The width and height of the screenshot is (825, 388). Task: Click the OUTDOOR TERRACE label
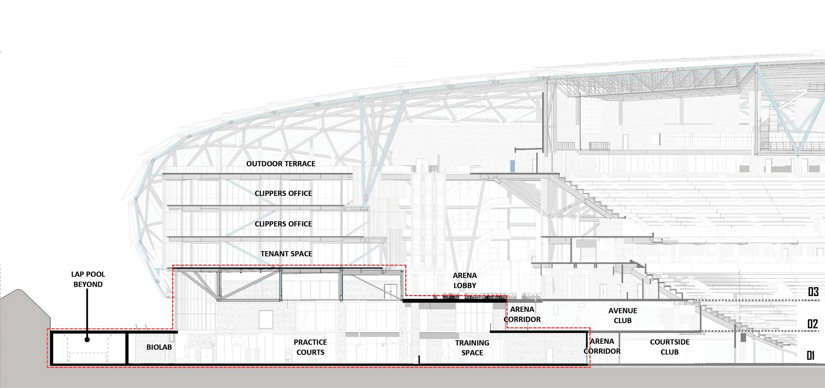tap(281, 164)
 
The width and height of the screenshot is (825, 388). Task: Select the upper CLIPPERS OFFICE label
tap(283, 193)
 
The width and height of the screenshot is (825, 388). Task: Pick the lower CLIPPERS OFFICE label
tap(283, 224)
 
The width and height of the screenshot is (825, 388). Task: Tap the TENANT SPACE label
tap(286, 254)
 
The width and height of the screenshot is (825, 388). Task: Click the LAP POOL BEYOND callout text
tap(88, 279)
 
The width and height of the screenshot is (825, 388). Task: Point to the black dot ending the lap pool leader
tap(87, 339)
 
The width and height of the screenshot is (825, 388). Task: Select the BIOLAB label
tap(159, 347)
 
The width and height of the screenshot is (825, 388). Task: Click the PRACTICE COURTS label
tap(310, 347)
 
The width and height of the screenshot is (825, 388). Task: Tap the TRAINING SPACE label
tap(472, 348)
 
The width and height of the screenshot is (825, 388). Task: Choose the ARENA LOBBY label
tap(464, 281)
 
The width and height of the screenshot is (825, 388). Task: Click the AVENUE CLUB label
tap(623, 315)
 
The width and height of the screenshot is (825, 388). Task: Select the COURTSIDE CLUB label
tap(669, 347)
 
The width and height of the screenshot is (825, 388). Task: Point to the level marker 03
tap(813, 292)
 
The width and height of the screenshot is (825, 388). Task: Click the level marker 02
tap(812, 324)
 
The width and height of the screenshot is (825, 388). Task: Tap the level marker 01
tap(811, 355)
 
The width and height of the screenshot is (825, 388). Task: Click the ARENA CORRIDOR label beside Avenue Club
tap(522, 314)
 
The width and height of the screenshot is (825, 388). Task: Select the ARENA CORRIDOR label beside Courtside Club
tap(602, 346)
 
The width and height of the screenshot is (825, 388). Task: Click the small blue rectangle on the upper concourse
tap(512, 166)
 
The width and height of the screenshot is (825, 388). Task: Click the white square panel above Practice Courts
tap(266, 320)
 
